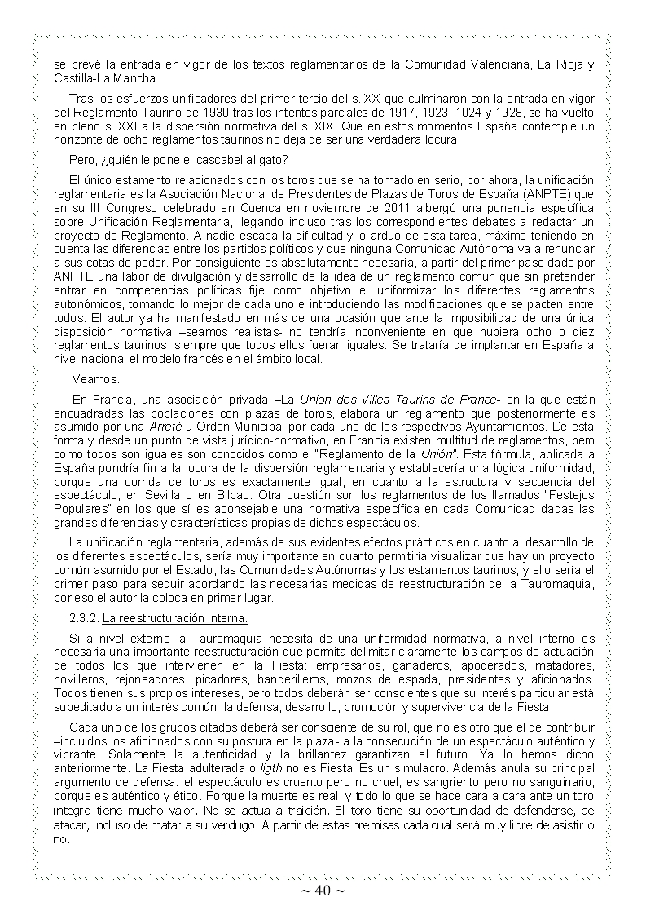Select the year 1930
(x=206, y=113)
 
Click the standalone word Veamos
(x=96, y=379)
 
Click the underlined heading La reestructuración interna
(x=163, y=617)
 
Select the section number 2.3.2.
(x=85, y=617)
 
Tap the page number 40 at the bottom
(x=322, y=891)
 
